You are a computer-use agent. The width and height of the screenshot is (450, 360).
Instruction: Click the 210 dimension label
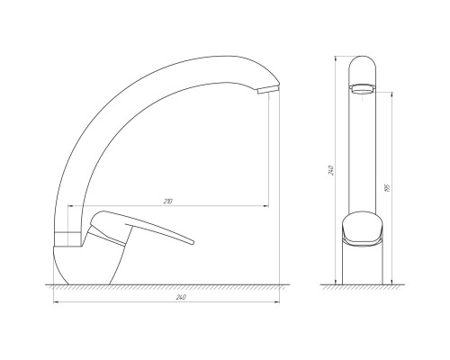coord(168,202)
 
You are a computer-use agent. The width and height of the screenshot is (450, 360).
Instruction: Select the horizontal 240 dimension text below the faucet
coord(181,297)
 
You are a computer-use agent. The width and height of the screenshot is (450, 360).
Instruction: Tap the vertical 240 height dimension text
coord(331,170)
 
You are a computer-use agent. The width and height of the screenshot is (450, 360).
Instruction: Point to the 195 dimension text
coord(387,188)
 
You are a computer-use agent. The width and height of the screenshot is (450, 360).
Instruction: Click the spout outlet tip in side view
coord(268,89)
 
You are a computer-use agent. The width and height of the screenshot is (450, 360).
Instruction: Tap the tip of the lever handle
coord(192,242)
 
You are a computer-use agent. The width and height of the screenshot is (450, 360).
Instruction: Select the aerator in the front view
coord(363,89)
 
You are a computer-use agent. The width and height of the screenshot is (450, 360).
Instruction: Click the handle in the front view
coord(363,229)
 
